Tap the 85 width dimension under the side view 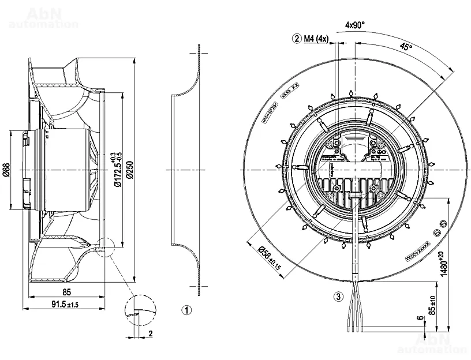(x=67, y=292)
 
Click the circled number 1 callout (x=186, y=310)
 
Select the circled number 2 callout (x=297, y=39)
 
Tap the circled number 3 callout (x=339, y=298)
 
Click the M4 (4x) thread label (x=316, y=39)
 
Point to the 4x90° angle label (x=355, y=25)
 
